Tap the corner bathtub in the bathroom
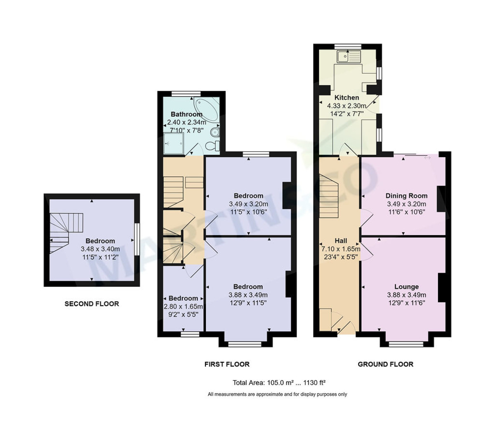coord(207,110)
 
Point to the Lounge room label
coord(406,287)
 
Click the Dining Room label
coord(406,196)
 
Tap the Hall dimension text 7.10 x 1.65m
coord(341,249)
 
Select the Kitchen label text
coord(346,98)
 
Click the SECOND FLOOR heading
coord(92,304)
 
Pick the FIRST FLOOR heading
coord(227,364)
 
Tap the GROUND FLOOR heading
coord(385,364)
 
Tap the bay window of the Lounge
coord(406,343)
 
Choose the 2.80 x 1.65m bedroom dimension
coord(183,307)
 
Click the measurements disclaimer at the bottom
coord(277,394)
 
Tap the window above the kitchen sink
coord(347,46)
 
